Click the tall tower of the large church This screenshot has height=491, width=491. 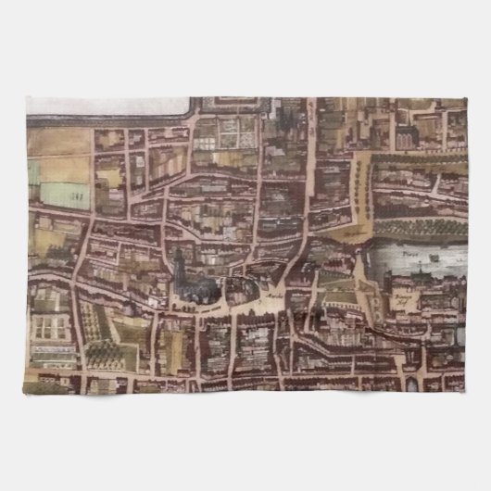[x=178, y=269]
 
